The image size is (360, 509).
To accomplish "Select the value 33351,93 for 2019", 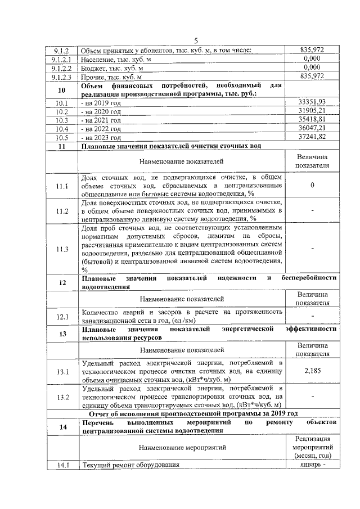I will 312,102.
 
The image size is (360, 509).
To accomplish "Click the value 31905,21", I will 312,111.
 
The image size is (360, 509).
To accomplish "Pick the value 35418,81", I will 312,120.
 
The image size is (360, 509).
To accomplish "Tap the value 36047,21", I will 312,128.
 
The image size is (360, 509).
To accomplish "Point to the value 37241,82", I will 312,137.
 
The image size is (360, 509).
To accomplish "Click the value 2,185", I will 312,371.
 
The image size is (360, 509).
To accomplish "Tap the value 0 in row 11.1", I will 312,184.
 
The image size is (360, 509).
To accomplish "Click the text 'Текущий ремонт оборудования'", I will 130,465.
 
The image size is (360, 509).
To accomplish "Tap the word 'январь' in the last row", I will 308,465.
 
